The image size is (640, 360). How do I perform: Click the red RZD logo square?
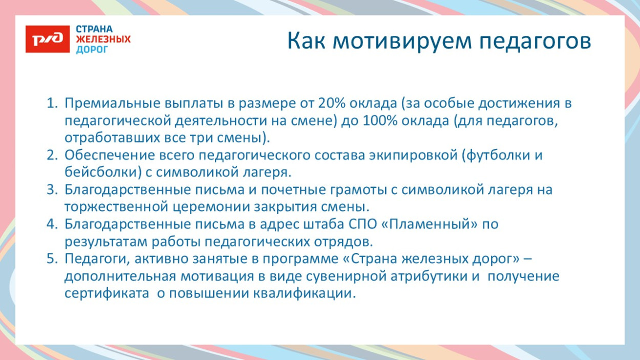(48, 38)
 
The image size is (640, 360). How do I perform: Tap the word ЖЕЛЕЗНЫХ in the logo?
(103, 39)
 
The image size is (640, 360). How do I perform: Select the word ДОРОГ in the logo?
(92, 50)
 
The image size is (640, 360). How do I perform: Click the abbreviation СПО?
(363, 224)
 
